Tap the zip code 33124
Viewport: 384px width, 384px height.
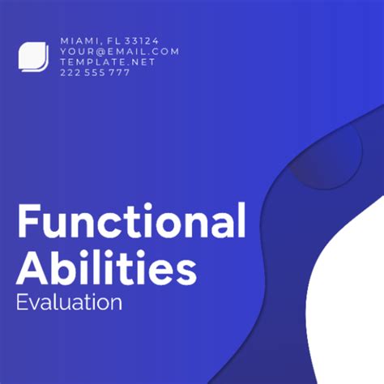tap(143, 40)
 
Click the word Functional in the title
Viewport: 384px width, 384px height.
tap(130, 221)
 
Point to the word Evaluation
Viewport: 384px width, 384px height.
tap(69, 303)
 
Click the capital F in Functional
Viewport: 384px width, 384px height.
tap(28, 221)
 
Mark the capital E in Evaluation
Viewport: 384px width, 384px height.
tap(22, 303)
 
